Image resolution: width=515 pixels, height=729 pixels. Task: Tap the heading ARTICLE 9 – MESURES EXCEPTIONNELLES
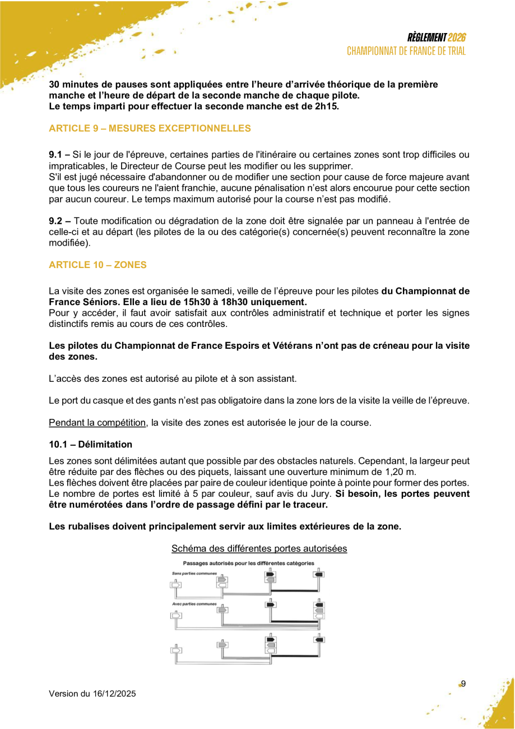(x=150, y=128)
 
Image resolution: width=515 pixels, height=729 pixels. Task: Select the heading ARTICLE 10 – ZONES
(x=98, y=265)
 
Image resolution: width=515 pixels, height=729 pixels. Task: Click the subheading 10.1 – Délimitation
(x=90, y=444)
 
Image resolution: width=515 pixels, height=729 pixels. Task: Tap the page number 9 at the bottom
(x=463, y=683)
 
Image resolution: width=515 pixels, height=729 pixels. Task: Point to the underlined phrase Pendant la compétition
(x=98, y=422)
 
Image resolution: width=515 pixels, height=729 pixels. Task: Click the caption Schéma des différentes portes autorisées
(x=259, y=548)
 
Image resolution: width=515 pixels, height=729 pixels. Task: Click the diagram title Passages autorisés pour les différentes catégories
(x=248, y=562)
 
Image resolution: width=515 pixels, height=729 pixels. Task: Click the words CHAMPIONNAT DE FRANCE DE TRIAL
(x=406, y=51)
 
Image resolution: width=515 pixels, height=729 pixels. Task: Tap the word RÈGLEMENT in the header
(x=427, y=38)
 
